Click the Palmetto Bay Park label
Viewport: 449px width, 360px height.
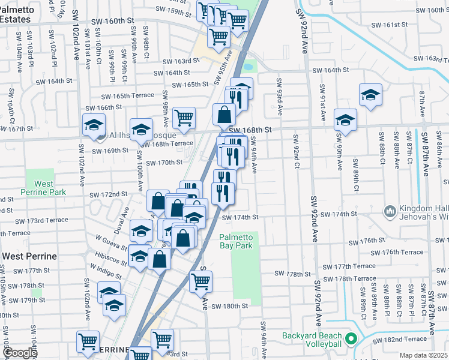click(x=236, y=241)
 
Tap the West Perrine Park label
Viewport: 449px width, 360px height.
click(x=43, y=187)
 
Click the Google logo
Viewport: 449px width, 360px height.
click(x=19, y=353)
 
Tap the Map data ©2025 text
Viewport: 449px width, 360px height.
click(x=423, y=355)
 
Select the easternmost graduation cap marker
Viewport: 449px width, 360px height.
click(x=370, y=94)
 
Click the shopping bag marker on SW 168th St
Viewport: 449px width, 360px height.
click(x=224, y=114)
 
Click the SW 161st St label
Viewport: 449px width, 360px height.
click(x=389, y=25)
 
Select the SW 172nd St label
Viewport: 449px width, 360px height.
click(x=109, y=194)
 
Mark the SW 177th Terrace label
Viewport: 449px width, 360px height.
click(x=349, y=266)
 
